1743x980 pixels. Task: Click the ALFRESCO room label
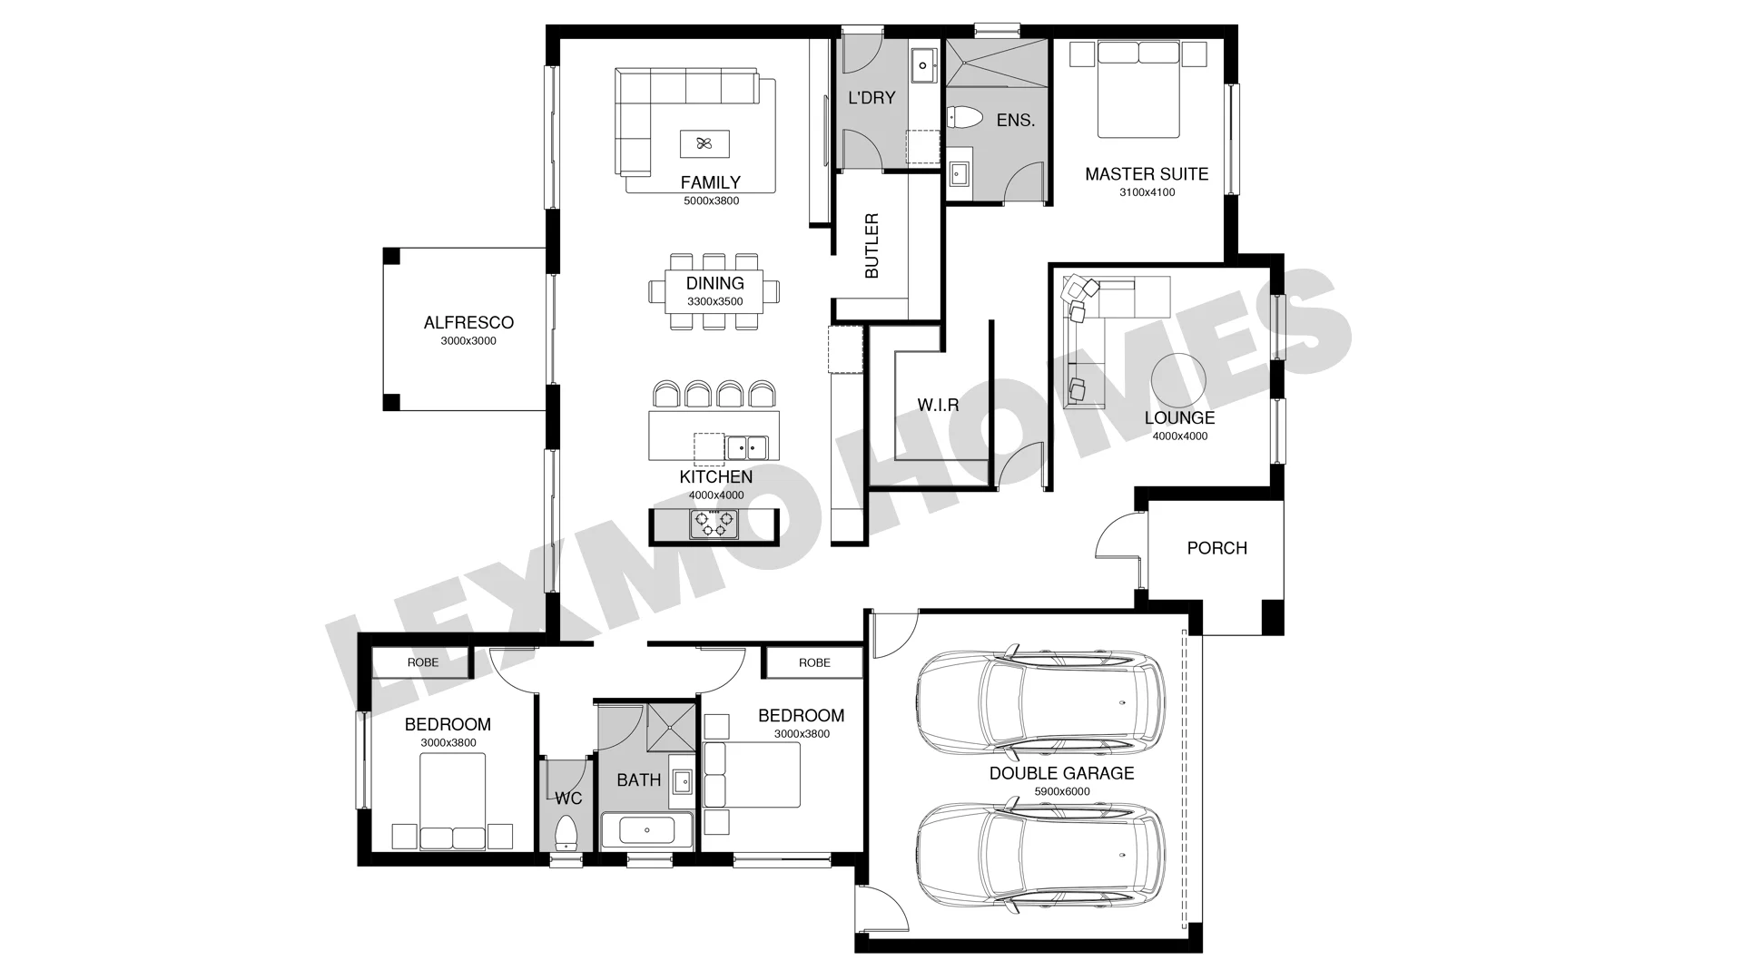pyautogui.click(x=468, y=322)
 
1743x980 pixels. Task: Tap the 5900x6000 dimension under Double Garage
pyautogui.click(x=1061, y=791)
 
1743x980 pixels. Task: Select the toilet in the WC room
pyautogui.click(x=566, y=833)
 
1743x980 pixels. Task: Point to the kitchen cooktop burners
pyautogui.click(x=713, y=524)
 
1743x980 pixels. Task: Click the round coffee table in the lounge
pyautogui.click(x=1179, y=380)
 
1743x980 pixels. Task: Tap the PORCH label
pyautogui.click(x=1216, y=548)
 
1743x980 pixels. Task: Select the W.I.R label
pyautogui.click(x=938, y=405)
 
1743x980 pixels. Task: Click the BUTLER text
pyautogui.click(x=871, y=245)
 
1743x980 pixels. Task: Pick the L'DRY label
pyautogui.click(x=871, y=97)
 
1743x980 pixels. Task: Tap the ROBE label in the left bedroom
pyautogui.click(x=423, y=662)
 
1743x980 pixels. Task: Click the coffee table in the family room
pyautogui.click(x=704, y=143)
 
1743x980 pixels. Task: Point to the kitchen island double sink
pyautogui.click(x=746, y=447)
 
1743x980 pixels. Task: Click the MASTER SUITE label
pyautogui.click(x=1147, y=173)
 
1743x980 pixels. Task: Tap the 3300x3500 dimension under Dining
pyautogui.click(x=714, y=301)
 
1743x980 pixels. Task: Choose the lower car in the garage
pyautogui.click(x=1039, y=859)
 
